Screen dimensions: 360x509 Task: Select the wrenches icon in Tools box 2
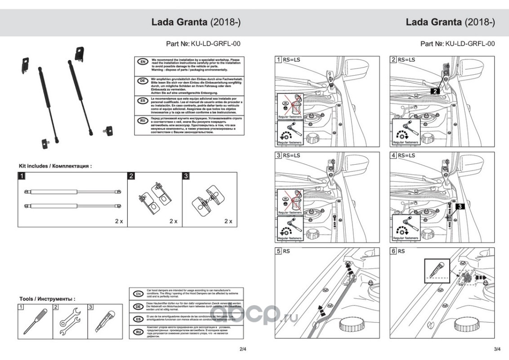[70, 321]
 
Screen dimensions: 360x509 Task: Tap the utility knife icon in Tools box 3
[104, 321]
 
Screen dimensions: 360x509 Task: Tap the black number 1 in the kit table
[21, 175]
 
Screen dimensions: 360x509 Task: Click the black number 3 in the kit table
[186, 175]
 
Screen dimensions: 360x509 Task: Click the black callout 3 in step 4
[460, 207]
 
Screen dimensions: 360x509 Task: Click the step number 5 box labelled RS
[279, 251]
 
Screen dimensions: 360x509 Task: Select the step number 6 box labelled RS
[393, 251]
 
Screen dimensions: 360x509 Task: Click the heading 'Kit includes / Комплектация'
[55, 166]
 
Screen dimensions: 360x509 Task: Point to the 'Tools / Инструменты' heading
[47, 299]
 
